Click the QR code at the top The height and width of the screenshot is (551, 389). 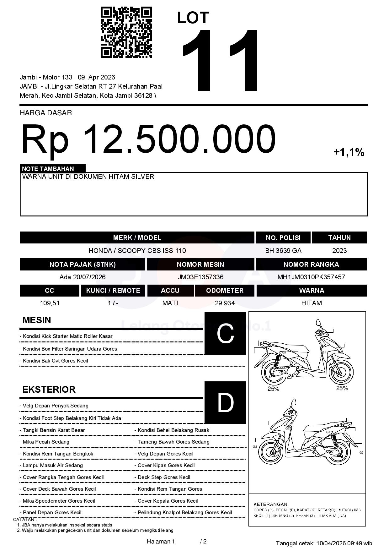coord(126,32)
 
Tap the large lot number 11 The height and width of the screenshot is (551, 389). coord(221,61)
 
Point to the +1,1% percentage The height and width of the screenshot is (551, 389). coord(349,152)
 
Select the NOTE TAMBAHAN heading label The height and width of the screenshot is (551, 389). coord(48,169)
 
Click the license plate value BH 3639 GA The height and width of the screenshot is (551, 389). coord(283,250)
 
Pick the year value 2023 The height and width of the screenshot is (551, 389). coord(339,250)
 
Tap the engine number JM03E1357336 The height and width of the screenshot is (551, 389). coord(200,277)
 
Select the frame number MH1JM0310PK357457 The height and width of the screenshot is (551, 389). coord(311,277)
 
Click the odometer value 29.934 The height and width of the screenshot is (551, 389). coord(225,303)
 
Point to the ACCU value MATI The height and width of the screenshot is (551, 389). coord(170,303)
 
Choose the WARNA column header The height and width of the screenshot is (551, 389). coord(311,290)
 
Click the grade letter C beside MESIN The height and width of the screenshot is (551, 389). coord(225,333)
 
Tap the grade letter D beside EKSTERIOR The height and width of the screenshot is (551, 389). coord(225,402)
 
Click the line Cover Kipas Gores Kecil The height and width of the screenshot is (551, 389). coord(166,465)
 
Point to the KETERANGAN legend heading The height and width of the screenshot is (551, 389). coord(270,504)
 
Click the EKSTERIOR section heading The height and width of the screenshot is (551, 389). coord(49,390)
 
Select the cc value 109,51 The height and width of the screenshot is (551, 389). coord(50,303)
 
